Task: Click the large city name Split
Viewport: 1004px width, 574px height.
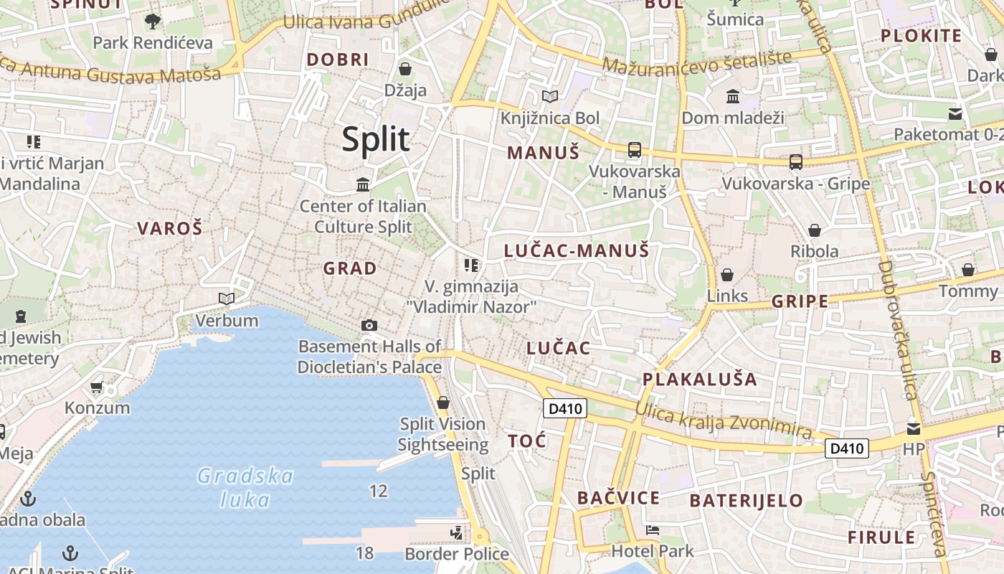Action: coord(376,139)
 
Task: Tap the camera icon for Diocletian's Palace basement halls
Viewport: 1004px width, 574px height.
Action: coord(369,325)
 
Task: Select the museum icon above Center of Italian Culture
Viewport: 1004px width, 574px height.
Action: coord(363,185)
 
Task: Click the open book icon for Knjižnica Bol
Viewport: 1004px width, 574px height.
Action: coord(550,97)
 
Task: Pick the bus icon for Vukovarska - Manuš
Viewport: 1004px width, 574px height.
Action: coord(634,150)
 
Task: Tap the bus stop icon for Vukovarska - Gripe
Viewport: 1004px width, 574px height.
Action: coord(796,162)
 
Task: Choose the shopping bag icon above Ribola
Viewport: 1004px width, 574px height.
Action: coord(815,230)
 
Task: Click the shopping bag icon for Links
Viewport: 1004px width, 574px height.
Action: coord(727,275)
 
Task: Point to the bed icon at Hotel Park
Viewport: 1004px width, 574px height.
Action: coord(653,531)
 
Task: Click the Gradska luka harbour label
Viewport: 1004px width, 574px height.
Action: coord(245,487)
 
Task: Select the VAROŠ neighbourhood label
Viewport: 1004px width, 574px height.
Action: coord(170,229)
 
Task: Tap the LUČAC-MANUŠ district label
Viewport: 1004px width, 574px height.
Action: coord(577,250)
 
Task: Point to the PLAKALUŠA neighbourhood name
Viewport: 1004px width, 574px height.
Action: coord(699,379)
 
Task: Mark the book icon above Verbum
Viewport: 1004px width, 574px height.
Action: coord(227,298)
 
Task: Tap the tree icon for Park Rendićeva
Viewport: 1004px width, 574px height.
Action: coord(152,22)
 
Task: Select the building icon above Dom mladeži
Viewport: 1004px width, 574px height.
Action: coord(733,97)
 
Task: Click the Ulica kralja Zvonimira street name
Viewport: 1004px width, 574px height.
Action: coord(723,421)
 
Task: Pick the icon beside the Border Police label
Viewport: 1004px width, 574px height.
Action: coord(457,533)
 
